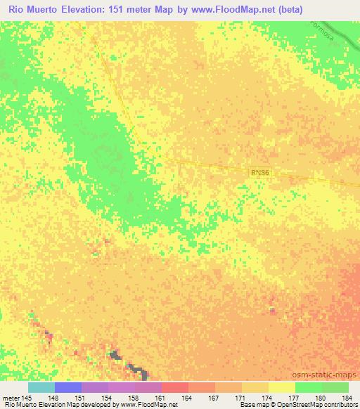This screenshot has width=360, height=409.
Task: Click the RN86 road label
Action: point(259,171)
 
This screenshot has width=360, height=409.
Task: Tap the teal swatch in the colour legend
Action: point(41,387)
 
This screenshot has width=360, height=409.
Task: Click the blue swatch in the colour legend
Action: point(68,387)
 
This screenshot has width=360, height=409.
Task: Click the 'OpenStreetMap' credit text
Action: point(307,405)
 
